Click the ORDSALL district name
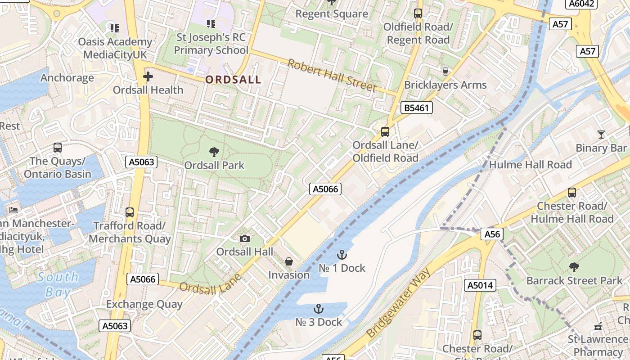[233, 80]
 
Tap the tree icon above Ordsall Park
[214, 152]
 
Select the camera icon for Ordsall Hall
[245, 238]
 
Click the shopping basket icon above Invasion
[289, 261]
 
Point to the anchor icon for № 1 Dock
[342, 255]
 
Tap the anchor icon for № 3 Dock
[319, 309]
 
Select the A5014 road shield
[481, 285]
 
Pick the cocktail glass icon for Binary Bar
[601, 134]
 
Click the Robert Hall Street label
[332, 76]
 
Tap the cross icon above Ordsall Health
[148, 77]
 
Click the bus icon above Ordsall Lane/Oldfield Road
[385, 132]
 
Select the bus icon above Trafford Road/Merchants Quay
[130, 212]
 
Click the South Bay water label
[58, 284]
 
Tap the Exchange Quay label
[144, 304]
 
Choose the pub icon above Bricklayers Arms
[445, 71]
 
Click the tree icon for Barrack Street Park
[574, 267]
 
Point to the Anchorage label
[67, 78]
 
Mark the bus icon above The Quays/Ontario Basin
[58, 147]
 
